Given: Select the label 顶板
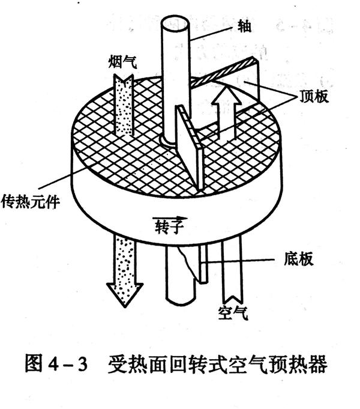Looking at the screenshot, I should (313, 96).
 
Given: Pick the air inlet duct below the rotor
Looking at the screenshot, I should (232, 270).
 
